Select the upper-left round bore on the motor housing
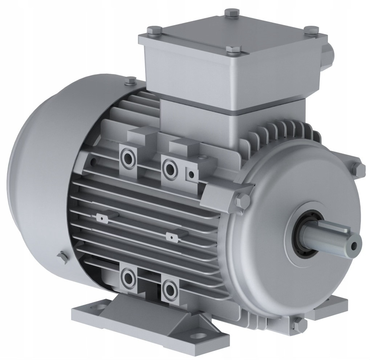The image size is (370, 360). point(128,158)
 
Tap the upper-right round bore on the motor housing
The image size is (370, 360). point(168,168)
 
